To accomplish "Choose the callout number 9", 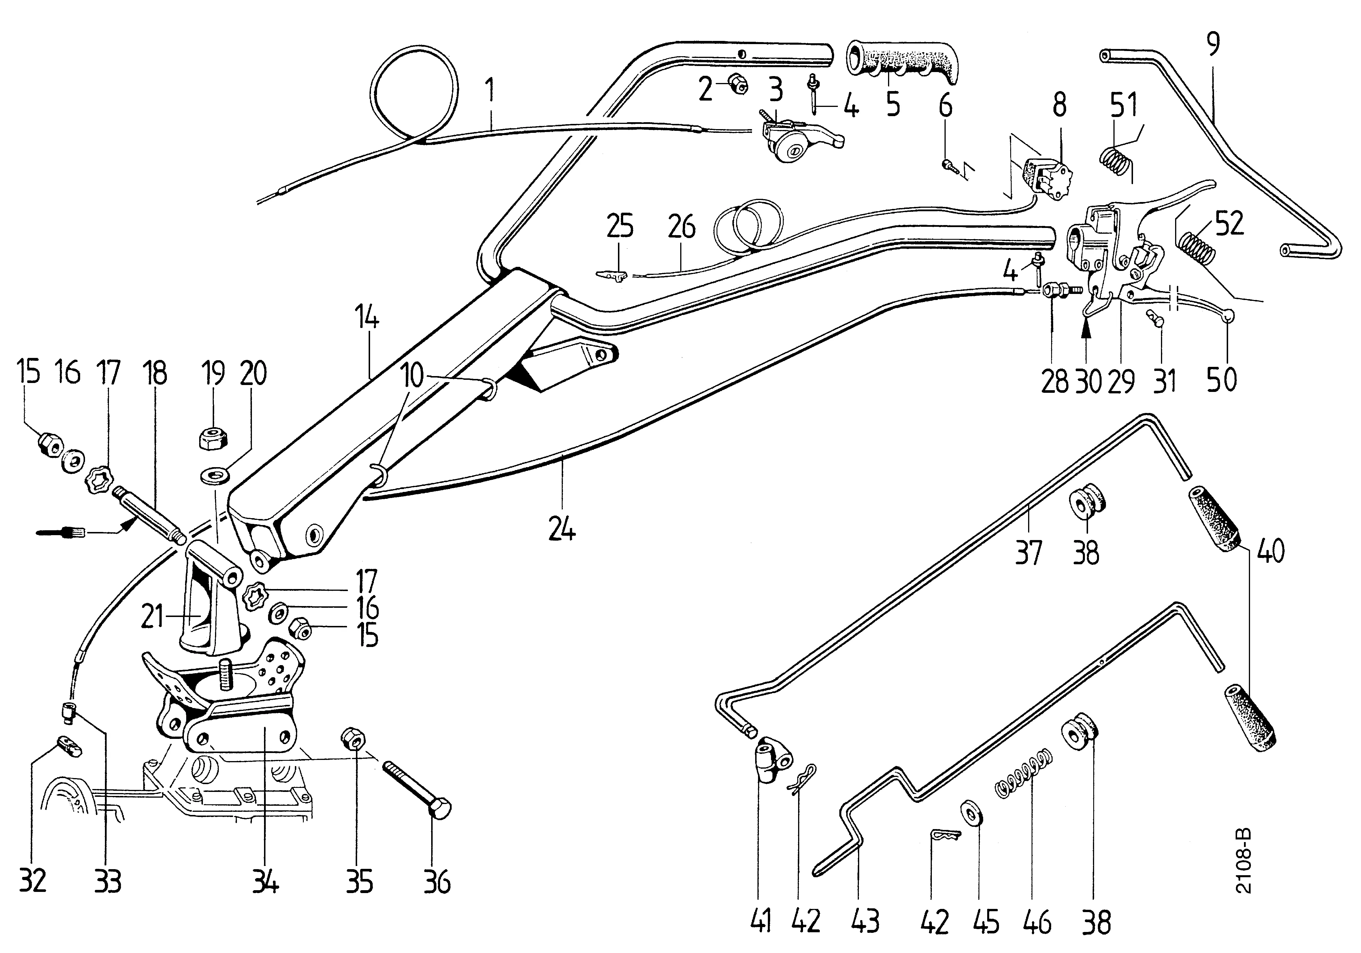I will (x=1212, y=44).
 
